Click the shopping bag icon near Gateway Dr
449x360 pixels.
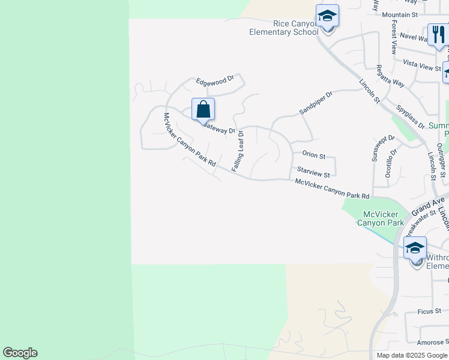pyautogui.click(x=203, y=109)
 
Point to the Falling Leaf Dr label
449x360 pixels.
pyautogui.click(x=237, y=151)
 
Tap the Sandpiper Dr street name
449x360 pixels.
pyautogui.click(x=316, y=103)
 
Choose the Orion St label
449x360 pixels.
pyautogui.click(x=314, y=155)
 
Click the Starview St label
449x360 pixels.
pyautogui.click(x=313, y=174)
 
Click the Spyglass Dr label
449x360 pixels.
pyautogui.click(x=411, y=117)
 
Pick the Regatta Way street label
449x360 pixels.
pyautogui.click(x=390, y=76)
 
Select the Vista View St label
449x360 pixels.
pyautogui.click(x=423, y=65)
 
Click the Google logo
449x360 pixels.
pyautogui.click(x=20, y=353)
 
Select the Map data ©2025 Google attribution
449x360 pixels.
pyautogui.click(x=412, y=355)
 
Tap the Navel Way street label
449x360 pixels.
pyautogui.click(x=412, y=37)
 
